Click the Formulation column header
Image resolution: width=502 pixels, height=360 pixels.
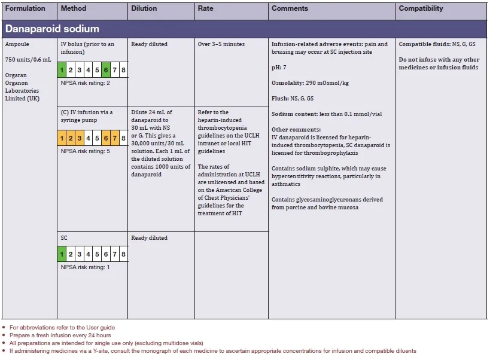pyautogui.click(x=25, y=9)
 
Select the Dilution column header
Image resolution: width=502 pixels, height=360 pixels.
pyautogui.click(x=144, y=9)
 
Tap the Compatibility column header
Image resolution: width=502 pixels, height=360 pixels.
pyautogui.click(x=421, y=9)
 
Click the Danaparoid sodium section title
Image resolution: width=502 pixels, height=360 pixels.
pyautogui.click(x=53, y=29)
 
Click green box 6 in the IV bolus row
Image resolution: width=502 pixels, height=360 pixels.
pyautogui.click(x=106, y=71)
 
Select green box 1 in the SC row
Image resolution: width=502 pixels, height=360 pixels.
pyautogui.click(x=62, y=255)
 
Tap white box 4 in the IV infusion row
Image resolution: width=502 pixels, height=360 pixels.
pyautogui.click(x=89, y=139)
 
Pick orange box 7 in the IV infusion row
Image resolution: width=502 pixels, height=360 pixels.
pyautogui.click(x=115, y=139)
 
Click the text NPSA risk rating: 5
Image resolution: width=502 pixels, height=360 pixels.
pyautogui.click(x=86, y=151)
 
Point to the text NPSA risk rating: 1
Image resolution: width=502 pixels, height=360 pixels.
pyautogui.click(x=86, y=267)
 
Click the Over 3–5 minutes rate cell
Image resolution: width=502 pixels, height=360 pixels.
pyautogui.click(x=221, y=44)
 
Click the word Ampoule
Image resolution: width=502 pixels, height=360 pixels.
pyautogui.click(x=17, y=44)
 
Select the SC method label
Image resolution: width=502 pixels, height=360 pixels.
pyautogui.click(x=64, y=238)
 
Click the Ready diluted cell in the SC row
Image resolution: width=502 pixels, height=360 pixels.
pyautogui.click(x=150, y=238)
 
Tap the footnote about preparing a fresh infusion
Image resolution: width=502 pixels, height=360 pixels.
pyautogui.click(x=59, y=335)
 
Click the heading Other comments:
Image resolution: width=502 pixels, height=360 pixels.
pyautogui.click(x=296, y=130)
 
